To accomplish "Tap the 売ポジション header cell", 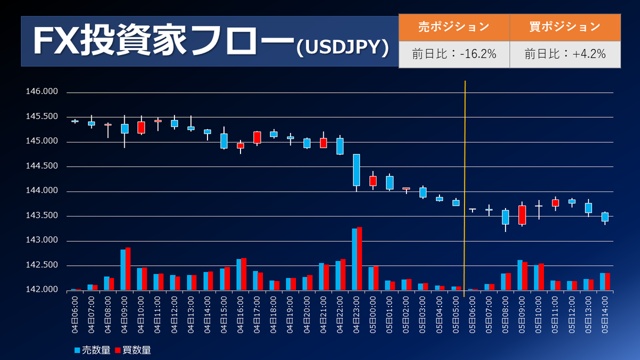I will pyautogui.click(x=454, y=27).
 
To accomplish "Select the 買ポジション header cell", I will pyautogui.click(x=565, y=27).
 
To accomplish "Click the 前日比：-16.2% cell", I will pyautogui.click(x=454, y=54).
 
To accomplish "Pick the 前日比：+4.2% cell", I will pyautogui.click(x=565, y=54).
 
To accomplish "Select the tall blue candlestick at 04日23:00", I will pyautogui.click(x=356, y=170).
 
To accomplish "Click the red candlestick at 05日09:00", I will pyautogui.click(x=522, y=215).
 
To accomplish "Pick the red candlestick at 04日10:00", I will pyautogui.click(x=141, y=127).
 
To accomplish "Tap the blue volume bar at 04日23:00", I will pyautogui.click(x=354, y=259).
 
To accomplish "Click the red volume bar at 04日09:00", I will pyautogui.click(x=128, y=269).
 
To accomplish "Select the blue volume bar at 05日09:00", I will pyautogui.click(x=519, y=275).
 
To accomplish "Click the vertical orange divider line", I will pyautogui.click(x=465, y=187).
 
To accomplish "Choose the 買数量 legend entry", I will pyautogui.click(x=133, y=350).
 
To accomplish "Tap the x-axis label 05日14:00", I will pyautogui.click(x=605, y=315).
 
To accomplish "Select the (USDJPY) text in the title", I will pyautogui.click(x=342, y=47).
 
